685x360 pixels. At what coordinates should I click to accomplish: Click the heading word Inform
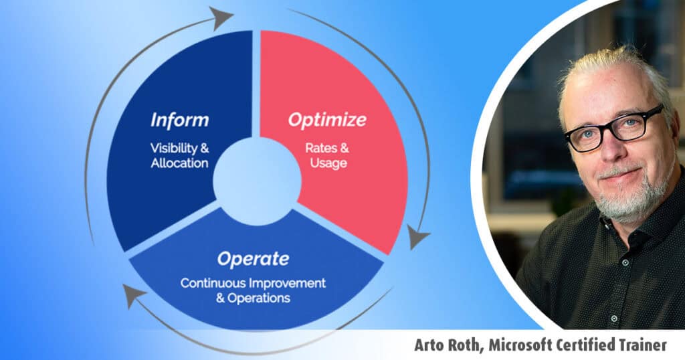[x=179, y=120]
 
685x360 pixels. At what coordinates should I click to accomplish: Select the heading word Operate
[x=253, y=259]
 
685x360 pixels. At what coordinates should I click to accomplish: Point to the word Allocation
[x=179, y=163]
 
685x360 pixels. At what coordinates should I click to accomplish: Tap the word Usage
[x=328, y=163]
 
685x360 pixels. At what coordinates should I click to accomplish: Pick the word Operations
[x=259, y=298]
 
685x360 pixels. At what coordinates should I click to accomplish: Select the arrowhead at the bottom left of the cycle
[x=134, y=295]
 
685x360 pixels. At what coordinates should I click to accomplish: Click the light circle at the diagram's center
[x=258, y=181]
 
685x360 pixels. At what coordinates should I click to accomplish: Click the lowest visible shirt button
[x=614, y=319]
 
